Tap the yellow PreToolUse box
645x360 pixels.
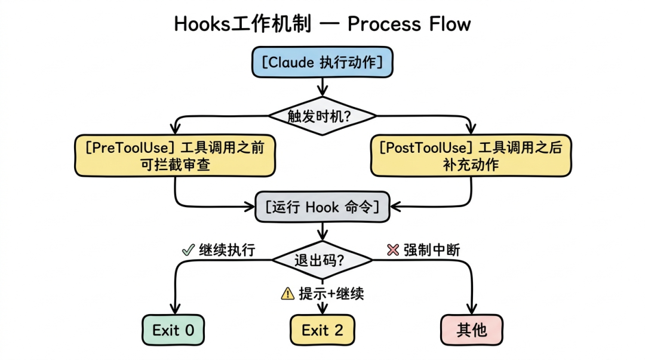[x=174, y=156]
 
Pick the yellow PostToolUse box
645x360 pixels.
[x=471, y=156]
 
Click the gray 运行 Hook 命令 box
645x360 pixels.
[x=322, y=207]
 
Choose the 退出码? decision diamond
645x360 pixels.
[x=322, y=260]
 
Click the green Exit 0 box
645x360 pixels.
[x=173, y=330]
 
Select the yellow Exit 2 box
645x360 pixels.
[x=322, y=330]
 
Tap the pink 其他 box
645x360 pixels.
[x=471, y=330]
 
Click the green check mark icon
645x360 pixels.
[x=187, y=250]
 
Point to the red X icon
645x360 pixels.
[x=392, y=250]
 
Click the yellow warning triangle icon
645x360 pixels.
[x=288, y=293]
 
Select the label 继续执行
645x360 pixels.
[x=227, y=250]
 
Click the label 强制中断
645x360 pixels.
[x=432, y=250]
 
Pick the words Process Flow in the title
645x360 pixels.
[x=409, y=24]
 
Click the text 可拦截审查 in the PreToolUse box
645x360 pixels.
[x=174, y=165]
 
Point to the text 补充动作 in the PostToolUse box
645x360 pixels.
[x=471, y=165]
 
